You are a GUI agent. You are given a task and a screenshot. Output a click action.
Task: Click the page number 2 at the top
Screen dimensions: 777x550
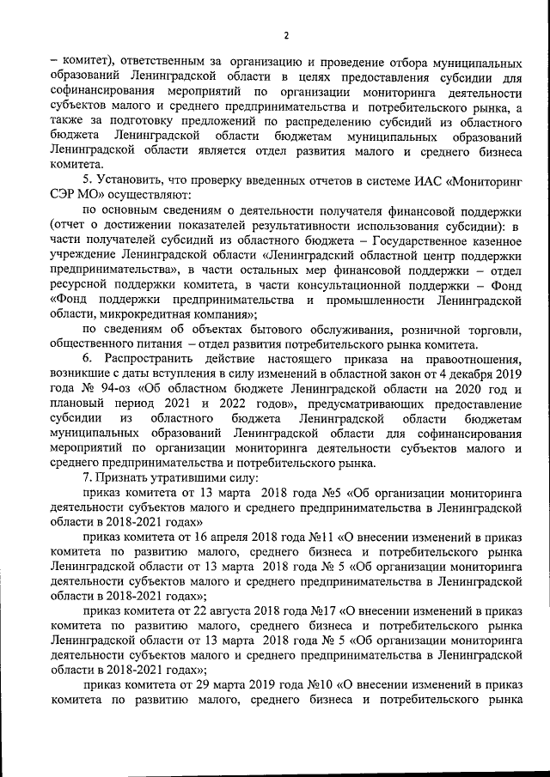[x=286, y=35]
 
